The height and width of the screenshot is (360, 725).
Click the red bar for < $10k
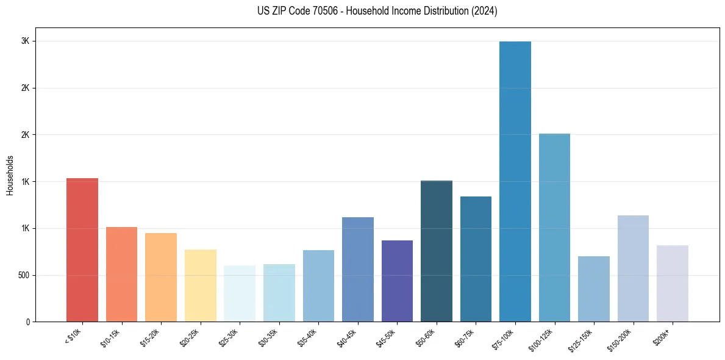tap(82, 250)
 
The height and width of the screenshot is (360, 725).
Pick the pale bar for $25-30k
tap(240, 293)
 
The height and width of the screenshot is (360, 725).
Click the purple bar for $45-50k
tap(397, 281)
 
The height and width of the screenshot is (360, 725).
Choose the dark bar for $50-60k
tap(437, 251)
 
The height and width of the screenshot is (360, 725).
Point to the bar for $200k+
tap(673, 284)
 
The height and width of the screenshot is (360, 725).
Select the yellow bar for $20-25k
tap(201, 286)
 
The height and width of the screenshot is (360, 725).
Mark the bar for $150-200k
tap(633, 268)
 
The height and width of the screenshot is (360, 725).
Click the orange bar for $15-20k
tap(161, 278)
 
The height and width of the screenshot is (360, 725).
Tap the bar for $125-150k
tap(594, 289)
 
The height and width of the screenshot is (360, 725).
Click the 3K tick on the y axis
tap(26, 41)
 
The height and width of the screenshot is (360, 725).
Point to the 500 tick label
tap(23, 275)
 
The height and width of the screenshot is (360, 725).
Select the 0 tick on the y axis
tap(27, 322)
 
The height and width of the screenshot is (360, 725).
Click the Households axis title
tap(10, 175)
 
